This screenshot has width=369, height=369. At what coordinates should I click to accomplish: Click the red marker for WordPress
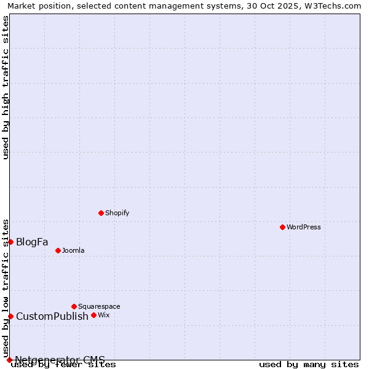[x=282, y=227]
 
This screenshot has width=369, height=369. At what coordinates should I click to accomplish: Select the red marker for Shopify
[x=101, y=213]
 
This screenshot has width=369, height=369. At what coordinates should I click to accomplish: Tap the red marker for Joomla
[x=58, y=250]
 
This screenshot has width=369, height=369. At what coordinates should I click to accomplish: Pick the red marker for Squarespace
[x=74, y=306]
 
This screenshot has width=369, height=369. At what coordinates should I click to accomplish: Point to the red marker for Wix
[x=93, y=315]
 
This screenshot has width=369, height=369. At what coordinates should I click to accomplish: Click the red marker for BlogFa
[x=10, y=242]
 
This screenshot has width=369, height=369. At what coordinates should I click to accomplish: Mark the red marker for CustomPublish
[x=10, y=316]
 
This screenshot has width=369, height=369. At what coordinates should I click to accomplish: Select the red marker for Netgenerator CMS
[x=9, y=360]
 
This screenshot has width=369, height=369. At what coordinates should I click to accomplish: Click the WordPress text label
[x=304, y=227]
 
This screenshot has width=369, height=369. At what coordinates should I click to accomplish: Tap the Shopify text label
[x=117, y=213]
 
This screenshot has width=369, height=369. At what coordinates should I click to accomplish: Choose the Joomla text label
[x=73, y=250]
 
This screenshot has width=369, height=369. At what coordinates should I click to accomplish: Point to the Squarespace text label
[x=99, y=306]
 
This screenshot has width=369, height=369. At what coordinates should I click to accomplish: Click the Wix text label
[x=103, y=315]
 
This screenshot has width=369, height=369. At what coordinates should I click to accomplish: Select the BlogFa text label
[x=32, y=242]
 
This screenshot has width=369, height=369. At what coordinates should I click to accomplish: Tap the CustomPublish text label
[x=52, y=316]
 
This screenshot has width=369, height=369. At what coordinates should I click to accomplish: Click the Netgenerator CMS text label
[x=60, y=360]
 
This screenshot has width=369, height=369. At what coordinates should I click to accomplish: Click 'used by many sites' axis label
[x=309, y=365]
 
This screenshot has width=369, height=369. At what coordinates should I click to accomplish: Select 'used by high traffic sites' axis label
[x=6, y=87]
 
